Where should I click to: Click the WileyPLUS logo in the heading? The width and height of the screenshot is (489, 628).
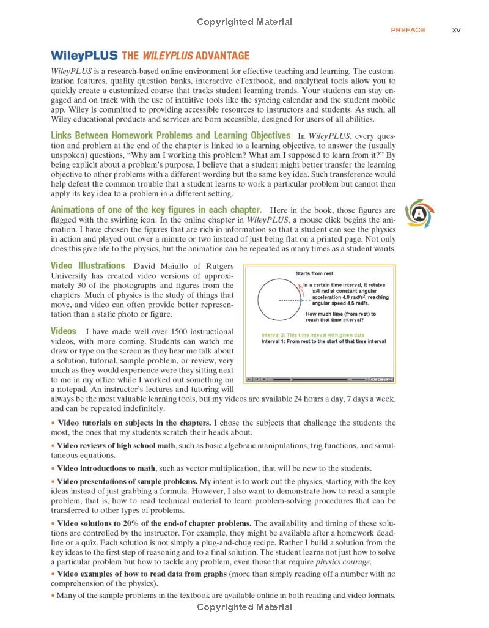click(84, 56)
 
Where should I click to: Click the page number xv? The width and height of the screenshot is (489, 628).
click(456, 30)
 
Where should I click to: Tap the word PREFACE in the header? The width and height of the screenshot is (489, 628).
click(408, 30)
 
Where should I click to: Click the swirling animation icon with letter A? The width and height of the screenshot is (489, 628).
click(419, 213)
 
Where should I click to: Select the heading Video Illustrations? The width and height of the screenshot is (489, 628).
click(87, 266)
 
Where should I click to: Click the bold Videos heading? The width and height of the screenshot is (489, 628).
click(63, 331)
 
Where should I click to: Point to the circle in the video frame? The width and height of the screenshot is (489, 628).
click(279, 300)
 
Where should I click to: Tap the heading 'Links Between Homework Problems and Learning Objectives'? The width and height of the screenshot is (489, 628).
click(171, 135)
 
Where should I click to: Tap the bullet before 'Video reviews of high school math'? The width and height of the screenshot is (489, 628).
click(53, 445)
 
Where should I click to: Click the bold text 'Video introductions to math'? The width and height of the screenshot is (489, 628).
click(106, 468)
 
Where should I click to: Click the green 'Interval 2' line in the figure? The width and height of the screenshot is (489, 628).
click(312, 335)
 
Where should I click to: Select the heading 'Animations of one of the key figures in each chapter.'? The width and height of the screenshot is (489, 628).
click(156, 210)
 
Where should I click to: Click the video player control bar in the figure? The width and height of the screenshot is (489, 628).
click(319, 379)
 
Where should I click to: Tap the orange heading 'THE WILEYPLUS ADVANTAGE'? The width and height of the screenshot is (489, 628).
click(186, 56)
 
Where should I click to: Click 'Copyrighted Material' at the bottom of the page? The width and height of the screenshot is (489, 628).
click(244, 607)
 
